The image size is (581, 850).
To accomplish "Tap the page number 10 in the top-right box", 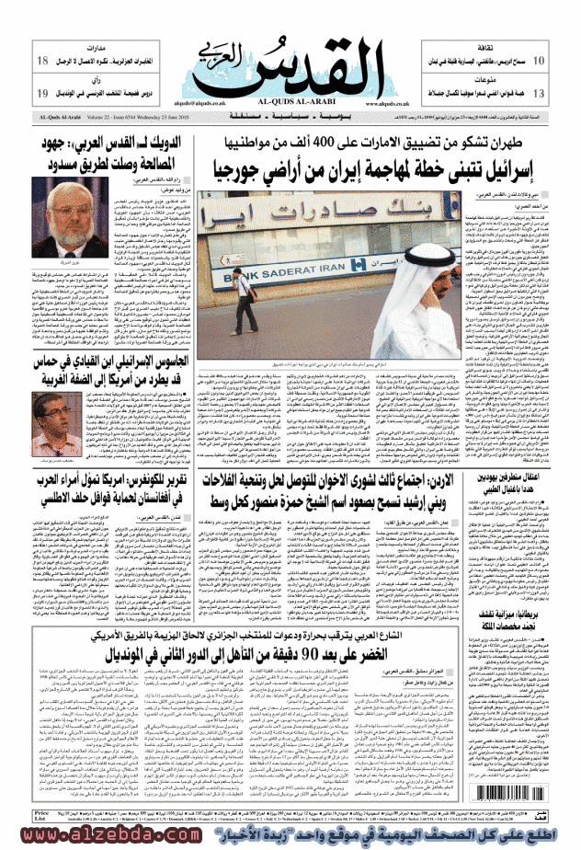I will coord(540,61).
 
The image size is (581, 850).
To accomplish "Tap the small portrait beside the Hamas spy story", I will coord(58,429).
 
